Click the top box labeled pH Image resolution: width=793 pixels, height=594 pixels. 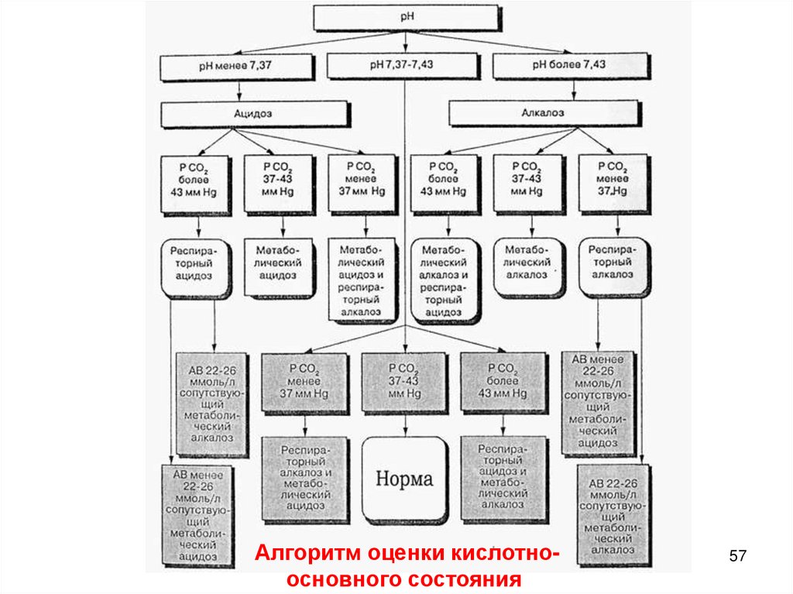point(405,16)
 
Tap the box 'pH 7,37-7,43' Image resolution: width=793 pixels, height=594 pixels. point(405,67)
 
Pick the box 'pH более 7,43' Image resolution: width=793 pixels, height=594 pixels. point(572,67)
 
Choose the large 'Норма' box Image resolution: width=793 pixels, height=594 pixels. point(405,479)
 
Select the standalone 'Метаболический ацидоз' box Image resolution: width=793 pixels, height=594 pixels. point(278,266)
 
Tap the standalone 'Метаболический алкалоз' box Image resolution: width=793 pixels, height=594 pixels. point(528,266)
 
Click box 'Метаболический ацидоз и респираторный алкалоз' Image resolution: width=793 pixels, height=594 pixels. point(362,279)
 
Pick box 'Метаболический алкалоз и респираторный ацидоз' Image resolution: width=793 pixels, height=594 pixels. point(445,279)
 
